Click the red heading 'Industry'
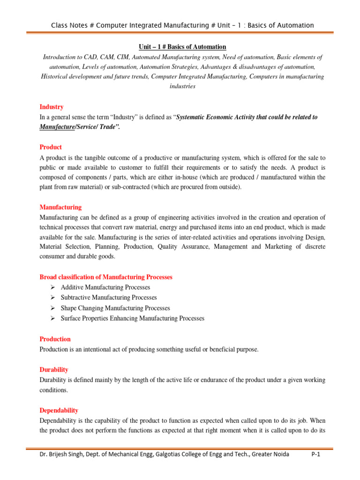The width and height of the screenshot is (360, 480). [52, 107]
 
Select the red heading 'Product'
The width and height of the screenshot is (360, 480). [51, 147]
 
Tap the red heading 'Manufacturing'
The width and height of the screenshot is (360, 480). [60, 207]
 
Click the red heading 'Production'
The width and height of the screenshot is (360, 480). [55, 339]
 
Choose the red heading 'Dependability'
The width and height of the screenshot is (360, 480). [59, 410]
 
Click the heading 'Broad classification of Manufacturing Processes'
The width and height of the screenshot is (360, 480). [106, 277]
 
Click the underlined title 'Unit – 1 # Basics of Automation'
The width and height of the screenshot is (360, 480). [182, 47]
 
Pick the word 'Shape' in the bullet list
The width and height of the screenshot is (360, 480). [69, 308]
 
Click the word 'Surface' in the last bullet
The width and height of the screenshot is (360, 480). [71, 318]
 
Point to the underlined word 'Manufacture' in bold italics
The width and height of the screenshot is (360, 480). [56, 127]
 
